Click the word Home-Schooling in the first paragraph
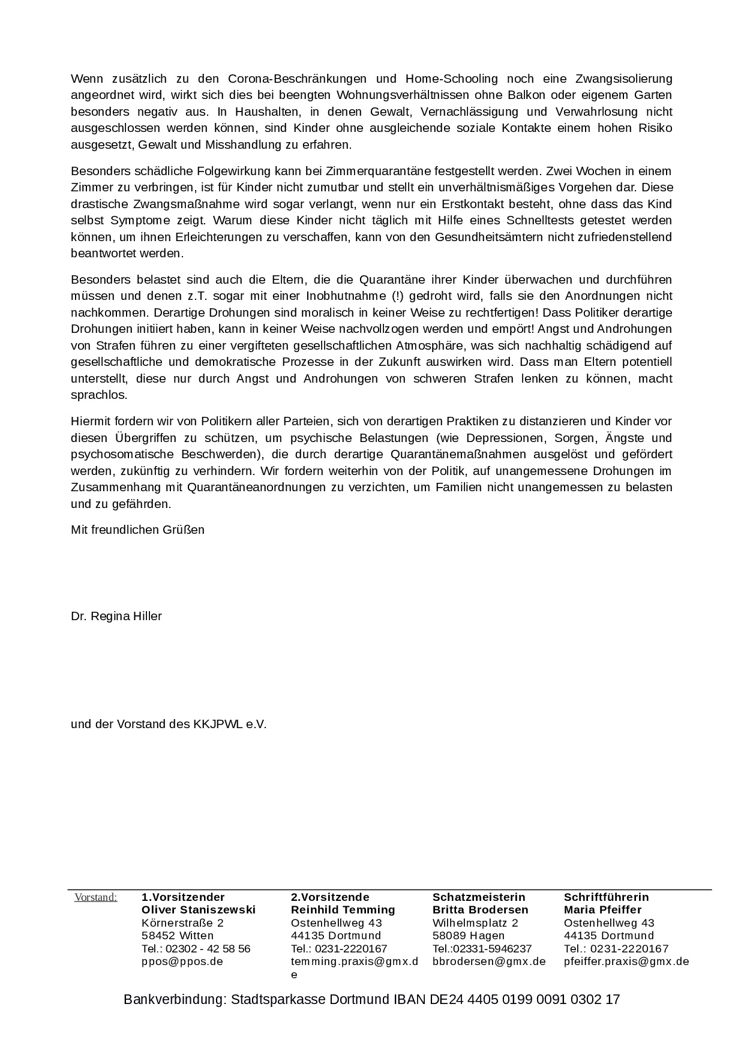tap(452, 79)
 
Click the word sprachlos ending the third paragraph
tap(98, 395)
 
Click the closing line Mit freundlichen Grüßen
tap(137, 530)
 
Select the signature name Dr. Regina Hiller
tap(116, 616)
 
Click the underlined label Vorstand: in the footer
tap(96, 897)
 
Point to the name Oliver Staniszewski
tap(199, 910)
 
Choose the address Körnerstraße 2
tap(182, 922)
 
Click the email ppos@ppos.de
tap(182, 961)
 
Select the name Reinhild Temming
tap(343, 910)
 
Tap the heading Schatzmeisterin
tap(479, 897)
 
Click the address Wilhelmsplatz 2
tap(475, 922)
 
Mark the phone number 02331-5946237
tap(492, 949)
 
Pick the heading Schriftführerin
tap(607, 897)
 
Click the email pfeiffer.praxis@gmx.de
tap(626, 961)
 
